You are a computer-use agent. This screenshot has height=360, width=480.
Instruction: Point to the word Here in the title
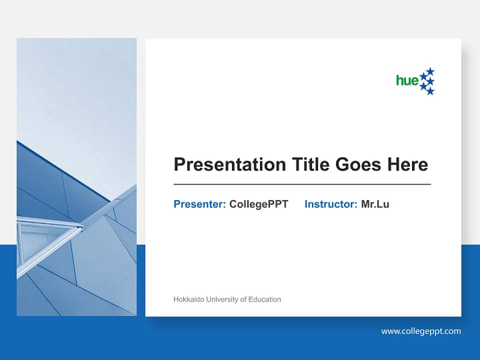(407, 164)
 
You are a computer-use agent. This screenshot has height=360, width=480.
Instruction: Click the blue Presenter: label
(199, 204)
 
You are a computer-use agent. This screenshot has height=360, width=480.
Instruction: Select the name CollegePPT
(258, 204)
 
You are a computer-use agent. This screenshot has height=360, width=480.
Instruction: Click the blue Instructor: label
(330, 204)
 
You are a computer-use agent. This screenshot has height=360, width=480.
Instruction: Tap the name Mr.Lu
(375, 204)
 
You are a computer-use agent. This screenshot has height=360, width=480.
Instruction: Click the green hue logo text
(407, 80)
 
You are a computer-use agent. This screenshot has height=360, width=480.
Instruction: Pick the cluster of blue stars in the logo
(427, 81)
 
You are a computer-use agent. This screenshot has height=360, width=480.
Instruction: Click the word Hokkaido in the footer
(188, 299)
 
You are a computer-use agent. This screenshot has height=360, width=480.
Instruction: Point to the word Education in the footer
(265, 299)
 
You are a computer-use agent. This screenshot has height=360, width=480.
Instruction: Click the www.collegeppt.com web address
(421, 331)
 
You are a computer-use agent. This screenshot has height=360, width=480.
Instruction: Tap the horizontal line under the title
(302, 184)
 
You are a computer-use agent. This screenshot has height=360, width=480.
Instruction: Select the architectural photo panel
(76, 177)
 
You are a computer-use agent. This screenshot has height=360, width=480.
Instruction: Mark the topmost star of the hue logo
(430, 71)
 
